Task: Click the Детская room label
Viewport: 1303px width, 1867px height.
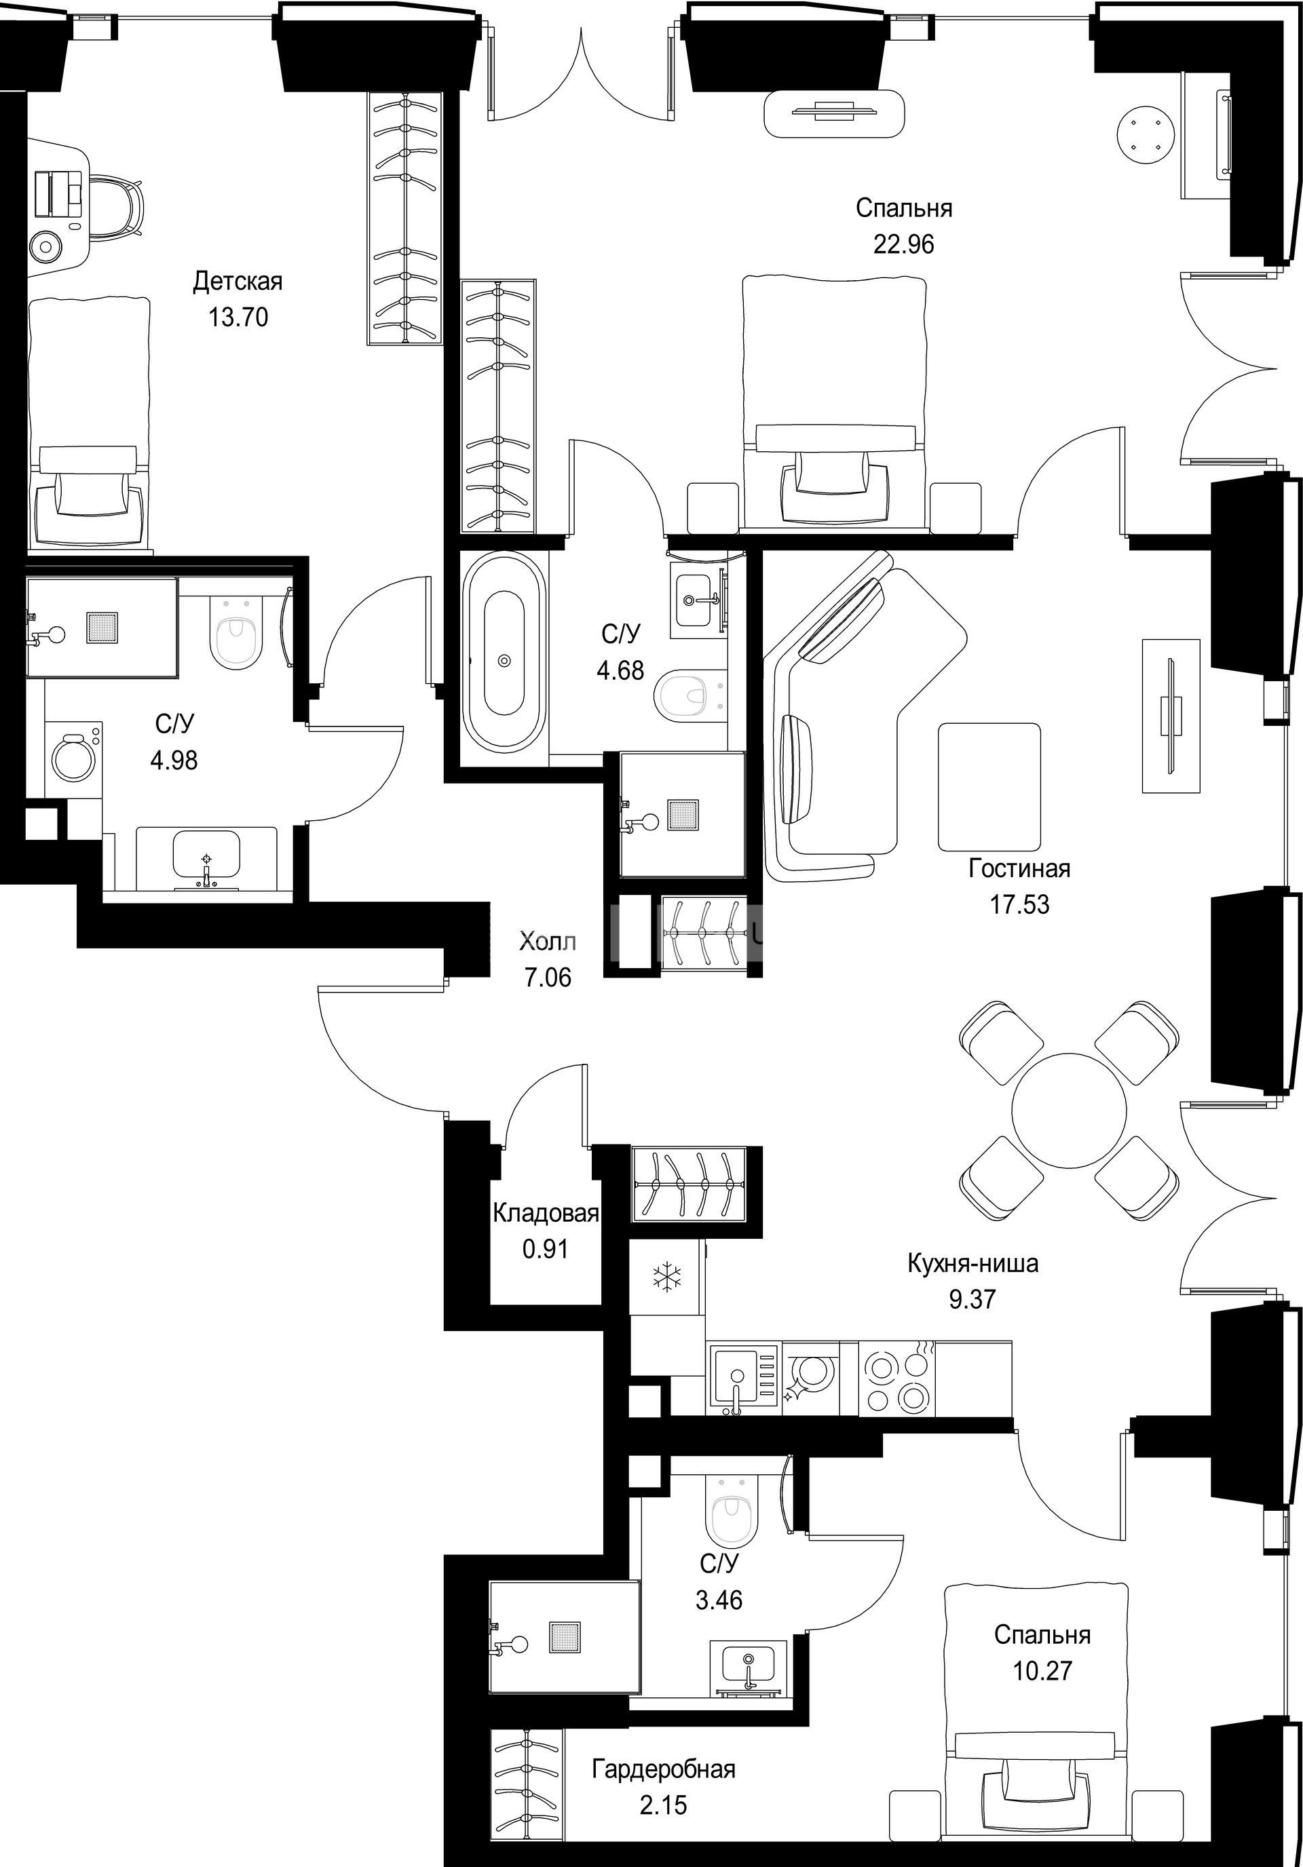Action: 238,282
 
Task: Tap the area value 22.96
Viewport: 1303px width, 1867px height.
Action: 904,244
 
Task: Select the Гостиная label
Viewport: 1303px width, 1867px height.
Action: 1019,869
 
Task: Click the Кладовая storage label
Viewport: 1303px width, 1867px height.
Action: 546,1214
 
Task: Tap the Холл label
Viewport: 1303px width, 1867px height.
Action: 548,942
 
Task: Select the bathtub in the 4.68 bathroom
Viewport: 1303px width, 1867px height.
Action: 504,659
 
